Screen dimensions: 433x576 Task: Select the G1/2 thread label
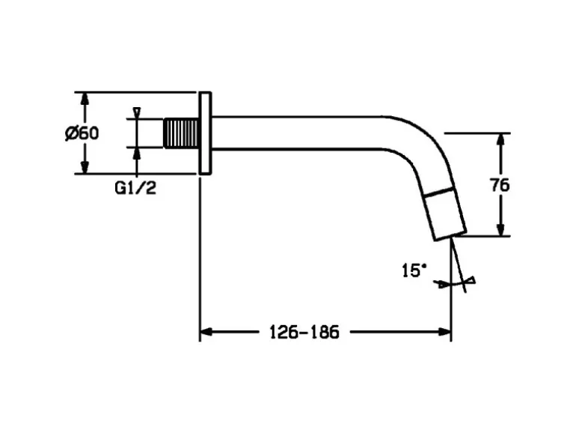(x=135, y=188)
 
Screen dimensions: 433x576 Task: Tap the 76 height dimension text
(x=500, y=185)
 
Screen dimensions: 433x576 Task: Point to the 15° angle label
(x=414, y=270)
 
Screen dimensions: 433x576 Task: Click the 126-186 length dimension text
(x=304, y=332)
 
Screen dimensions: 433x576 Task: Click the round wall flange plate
(x=205, y=133)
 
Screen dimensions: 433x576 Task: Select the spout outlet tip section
(x=446, y=215)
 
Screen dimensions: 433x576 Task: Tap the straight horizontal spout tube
(x=299, y=133)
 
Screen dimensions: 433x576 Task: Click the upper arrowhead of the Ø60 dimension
(x=85, y=100)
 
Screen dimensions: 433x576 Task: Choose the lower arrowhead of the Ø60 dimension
(x=85, y=167)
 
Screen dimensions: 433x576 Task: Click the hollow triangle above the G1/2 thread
(x=136, y=112)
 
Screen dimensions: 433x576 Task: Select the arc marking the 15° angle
(x=453, y=284)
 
